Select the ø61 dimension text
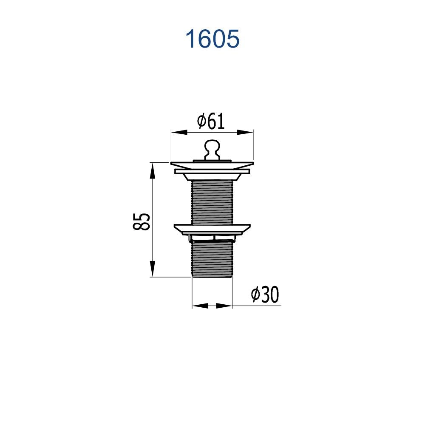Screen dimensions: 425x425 coord(211,122)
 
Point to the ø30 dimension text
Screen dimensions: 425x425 coord(264,294)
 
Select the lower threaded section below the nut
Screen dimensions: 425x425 coord(212,259)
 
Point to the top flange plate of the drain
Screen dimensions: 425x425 coord(212,164)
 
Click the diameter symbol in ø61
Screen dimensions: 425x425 coord(202,122)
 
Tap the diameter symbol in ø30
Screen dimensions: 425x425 coord(255,295)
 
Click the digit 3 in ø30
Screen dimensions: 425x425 coord(265,295)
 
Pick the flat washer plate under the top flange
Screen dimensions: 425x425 coord(212,171)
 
